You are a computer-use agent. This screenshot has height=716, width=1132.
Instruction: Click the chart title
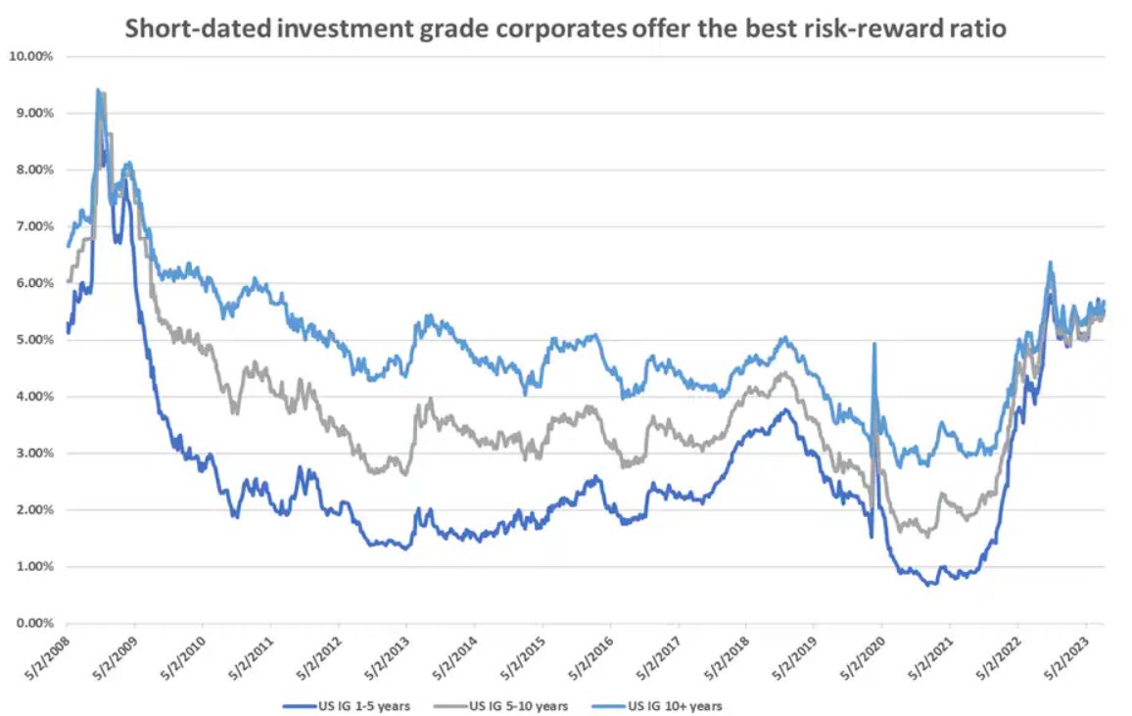click(x=565, y=29)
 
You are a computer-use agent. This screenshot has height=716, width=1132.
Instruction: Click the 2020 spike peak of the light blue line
click(x=873, y=344)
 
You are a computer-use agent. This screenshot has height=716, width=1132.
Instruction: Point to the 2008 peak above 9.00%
click(x=98, y=90)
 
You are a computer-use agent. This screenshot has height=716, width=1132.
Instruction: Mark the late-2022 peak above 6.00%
click(x=1050, y=263)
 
